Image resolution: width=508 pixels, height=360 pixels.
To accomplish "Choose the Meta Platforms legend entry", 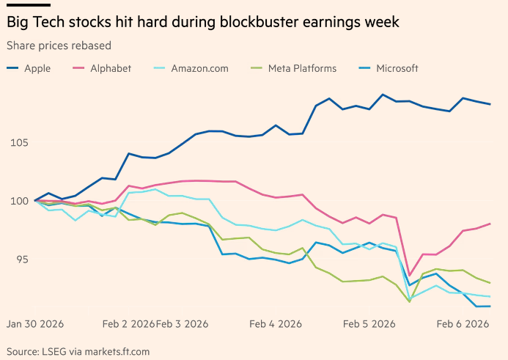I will click(301, 68).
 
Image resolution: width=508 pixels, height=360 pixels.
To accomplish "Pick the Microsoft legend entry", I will click(397, 68).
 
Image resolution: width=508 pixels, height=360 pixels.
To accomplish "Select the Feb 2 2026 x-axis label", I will click(128, 323).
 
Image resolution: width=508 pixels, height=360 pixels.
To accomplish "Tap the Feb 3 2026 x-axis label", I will click(183, 323).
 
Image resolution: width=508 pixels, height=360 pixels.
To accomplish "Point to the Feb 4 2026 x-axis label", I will click(276, 323).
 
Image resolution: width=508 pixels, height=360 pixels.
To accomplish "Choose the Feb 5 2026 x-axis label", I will click(369, 323).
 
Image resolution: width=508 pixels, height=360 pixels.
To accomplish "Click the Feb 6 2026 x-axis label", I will click(463, 323).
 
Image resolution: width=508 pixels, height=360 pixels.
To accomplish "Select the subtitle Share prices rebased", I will click(59, 45).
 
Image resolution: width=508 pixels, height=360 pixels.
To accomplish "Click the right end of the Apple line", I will click(490, 104).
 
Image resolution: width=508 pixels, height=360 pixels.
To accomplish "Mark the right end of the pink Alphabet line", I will click(490, 224).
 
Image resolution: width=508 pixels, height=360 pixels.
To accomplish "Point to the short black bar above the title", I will click(28, 5).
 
